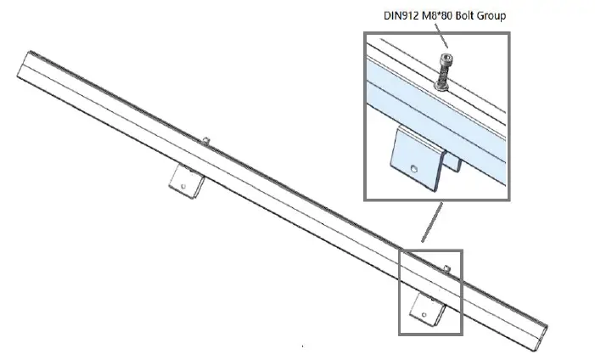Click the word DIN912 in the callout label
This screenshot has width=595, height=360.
tap(393, 15)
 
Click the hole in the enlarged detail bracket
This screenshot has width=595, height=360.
tap(413, 170)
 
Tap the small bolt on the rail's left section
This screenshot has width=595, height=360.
tap(206, 138)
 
